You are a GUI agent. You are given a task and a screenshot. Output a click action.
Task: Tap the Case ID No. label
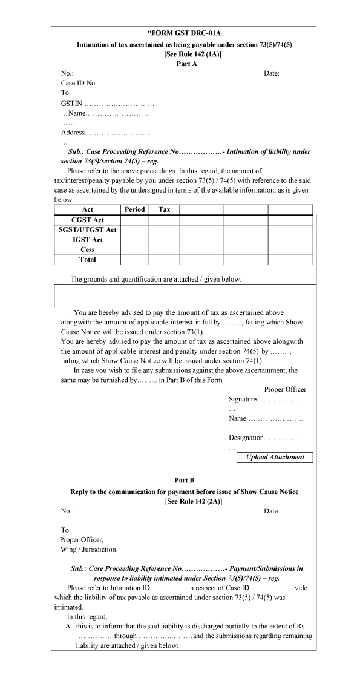click(79, 83)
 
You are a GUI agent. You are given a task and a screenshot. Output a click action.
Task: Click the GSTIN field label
click(71, 104)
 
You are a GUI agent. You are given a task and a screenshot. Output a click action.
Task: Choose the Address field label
click(73, 133)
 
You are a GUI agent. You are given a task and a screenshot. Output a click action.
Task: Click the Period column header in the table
click(134, 209)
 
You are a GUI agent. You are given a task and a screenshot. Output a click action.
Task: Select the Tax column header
click(164, 209)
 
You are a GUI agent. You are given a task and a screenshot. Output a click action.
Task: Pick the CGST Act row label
click(88, 220)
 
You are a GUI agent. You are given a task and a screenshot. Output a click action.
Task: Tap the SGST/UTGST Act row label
click(88, 230)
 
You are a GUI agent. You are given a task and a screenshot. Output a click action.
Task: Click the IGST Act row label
click(88, 240)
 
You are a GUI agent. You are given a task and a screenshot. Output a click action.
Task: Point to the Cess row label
click(88, 249)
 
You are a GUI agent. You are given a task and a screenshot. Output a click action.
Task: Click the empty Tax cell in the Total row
click(164, 260)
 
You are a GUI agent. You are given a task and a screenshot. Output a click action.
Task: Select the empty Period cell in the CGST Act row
click(134, 220)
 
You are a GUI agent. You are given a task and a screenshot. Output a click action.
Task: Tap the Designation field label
click(246, 438)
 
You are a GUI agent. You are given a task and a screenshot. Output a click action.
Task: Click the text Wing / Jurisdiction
click(88, 550)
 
